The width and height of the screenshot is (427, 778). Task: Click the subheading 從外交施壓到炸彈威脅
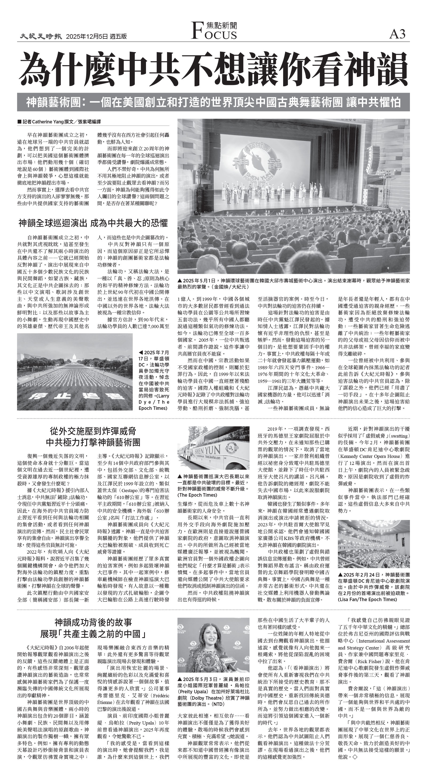93,430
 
